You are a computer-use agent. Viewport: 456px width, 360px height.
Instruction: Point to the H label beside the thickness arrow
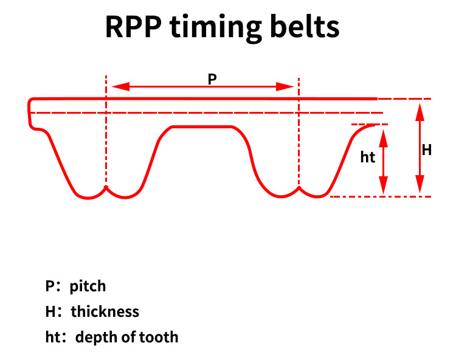[427, 150]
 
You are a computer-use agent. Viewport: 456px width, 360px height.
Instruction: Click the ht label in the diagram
[367, 157]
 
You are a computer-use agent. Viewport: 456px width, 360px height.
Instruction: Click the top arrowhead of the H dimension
[419, 110]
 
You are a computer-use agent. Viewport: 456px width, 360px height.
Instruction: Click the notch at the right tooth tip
[299, 188]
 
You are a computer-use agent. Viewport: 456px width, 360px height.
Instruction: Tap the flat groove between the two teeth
[202, 126]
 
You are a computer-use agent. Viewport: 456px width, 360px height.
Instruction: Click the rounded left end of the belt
[30, 113]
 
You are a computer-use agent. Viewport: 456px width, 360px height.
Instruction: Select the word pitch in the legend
[88, 286]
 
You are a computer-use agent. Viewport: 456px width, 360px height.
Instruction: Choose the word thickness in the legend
[105, 312]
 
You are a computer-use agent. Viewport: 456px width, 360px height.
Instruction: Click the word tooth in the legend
[160, 337]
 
